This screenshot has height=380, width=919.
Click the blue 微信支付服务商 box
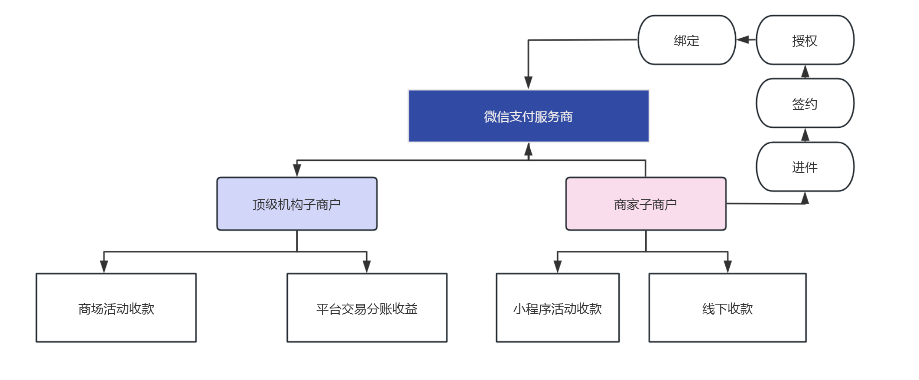pyautogui.click(x=529, y=116)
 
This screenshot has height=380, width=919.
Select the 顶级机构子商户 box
pyautogui.click(x=297, y=204)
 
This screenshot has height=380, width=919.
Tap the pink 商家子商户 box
pyautogui.click(x=646, y=204)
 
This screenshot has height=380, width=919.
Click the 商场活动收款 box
pyautogui.click(x=116, y=308)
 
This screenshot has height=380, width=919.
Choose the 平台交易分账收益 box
pyautogui.click(x=367, y=308)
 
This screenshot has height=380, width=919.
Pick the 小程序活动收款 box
pyautogui.click(x=558, y=308)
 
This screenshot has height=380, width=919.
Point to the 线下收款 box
pyautogui.click(x=727, y=308)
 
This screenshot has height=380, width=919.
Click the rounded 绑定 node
pyautogui.click(x=687, y=40)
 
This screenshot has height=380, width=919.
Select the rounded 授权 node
pyautogui.click(x=805, y=40)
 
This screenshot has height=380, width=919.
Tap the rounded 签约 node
pyautogui.click(x=805, y=103)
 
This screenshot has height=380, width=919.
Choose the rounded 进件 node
pyautogui.click(x=805, y=167)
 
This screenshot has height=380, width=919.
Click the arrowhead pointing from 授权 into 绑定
pyautogui.click(x=743, y=40)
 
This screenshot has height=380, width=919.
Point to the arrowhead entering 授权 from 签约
pyautogui.click(x=805, y=71)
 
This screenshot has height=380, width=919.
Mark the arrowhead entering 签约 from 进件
pyautogui.click(x=805, y=135)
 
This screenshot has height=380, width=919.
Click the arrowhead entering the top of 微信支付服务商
pyautogui.click(x=528, y=83)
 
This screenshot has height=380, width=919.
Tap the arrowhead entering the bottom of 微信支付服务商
pyautogui.click(x=528, y=149)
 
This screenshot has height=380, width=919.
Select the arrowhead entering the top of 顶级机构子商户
pyautogui.click(x=297, y=170)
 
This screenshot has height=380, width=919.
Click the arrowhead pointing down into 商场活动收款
pyautogui.click(x=104, y=266)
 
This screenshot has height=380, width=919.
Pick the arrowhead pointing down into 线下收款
pyautogui.click(x=727, y=266)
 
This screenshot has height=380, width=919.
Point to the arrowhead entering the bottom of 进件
pyautogui.click(x=805, y=198)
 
